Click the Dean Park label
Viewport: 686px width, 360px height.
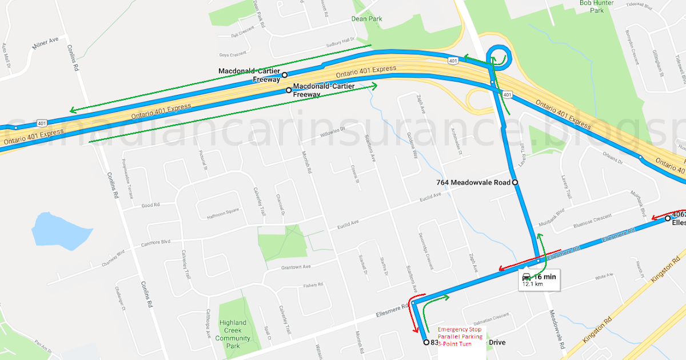click(366, 18)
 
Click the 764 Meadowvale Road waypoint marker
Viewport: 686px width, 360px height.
click(515, 182)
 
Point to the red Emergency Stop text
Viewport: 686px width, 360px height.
click(460, 330)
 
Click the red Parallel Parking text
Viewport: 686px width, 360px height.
click(460, 337)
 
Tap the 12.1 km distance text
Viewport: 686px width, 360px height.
click(532, 284)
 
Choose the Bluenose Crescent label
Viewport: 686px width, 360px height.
click(592, 220)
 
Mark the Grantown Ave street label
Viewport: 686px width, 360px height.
click(296, 267)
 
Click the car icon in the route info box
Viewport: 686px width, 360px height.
click(527, 277)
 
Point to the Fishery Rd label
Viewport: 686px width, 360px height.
click(314, 285)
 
